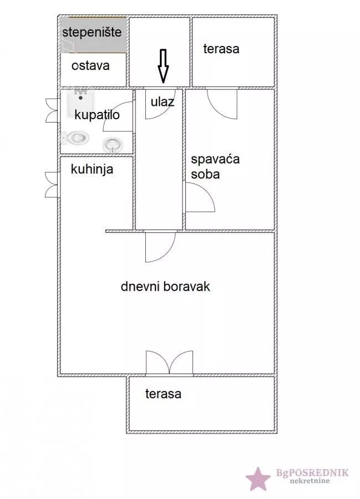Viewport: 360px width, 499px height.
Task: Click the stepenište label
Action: pyautogui.click(x=92, y=32)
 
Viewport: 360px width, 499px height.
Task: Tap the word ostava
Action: pyautogui.click(x=90, y=65)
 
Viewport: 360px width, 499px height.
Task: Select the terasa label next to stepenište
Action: pyautogui.click(x=221, y=49)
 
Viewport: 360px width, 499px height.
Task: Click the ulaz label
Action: pyautogui.click(x=163, y=101)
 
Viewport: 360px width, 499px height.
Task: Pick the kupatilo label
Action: pyautogui.click(x=97, y=114)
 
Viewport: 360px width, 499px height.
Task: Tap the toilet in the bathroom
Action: pyautogui.click(x=77, y=137)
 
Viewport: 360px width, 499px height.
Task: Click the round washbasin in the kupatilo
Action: pyautogui.click(x=113, y=145)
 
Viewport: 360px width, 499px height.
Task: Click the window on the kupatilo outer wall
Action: pyautogui.click(x=51, y=109)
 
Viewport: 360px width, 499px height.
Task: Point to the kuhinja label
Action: pyautogui.click(x=92, y=169)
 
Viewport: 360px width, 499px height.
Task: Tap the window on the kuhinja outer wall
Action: pyautogui.click(x=51, y=184)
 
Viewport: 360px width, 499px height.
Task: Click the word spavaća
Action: pyautogui.click(x=215, y=160)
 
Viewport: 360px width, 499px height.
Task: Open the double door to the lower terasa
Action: pyautogui.click(x=169, y=363)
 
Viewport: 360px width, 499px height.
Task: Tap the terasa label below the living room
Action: pyautogui.click(x=163, y=394)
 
